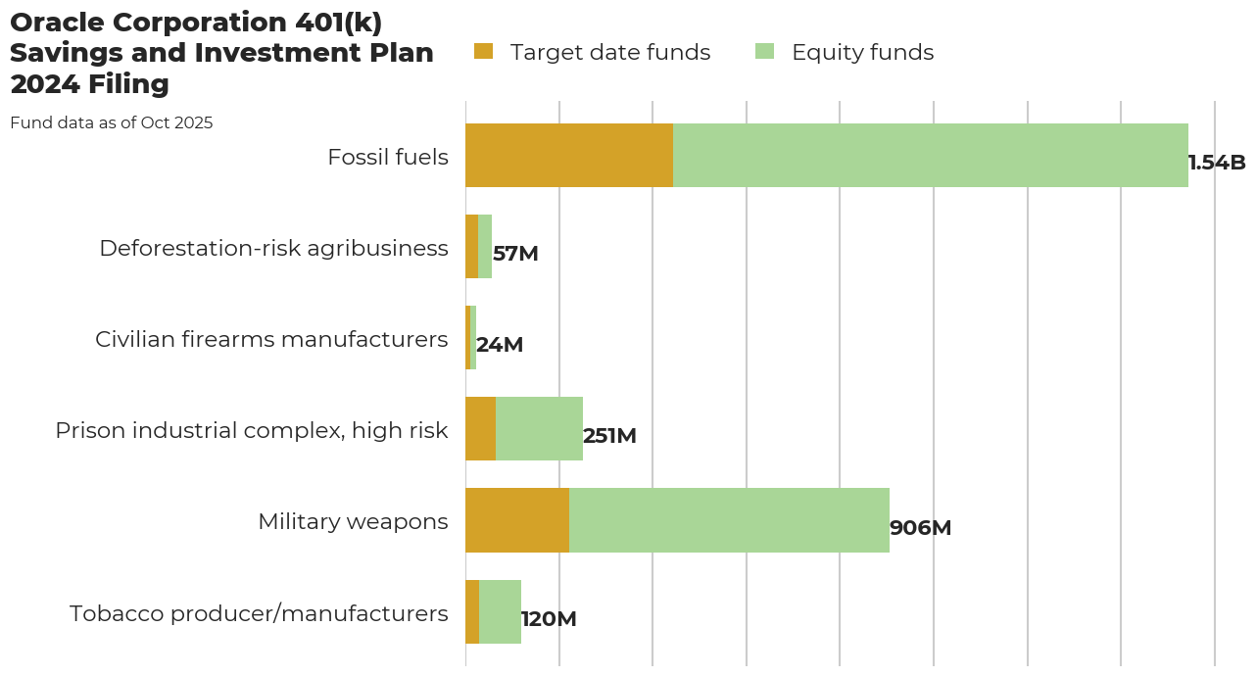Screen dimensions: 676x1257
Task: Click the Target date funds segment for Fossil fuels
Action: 569,155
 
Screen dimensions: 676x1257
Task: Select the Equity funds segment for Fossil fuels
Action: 931,155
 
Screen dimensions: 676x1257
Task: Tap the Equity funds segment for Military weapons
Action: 729,520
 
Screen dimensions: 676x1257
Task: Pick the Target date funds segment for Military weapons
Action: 517,520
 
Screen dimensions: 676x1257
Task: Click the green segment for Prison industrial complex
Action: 539,429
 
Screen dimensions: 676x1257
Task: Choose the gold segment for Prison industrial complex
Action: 480,429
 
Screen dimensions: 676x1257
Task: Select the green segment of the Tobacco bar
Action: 500,611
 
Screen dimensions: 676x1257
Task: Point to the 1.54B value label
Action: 1217,163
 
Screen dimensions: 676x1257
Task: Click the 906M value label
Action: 920,528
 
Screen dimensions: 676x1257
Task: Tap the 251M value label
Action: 609,436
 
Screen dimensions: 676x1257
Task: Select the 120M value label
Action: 549,619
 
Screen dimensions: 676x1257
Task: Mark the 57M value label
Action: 515,254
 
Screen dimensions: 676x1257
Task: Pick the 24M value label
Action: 500,345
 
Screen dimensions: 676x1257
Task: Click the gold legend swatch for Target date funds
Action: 483,52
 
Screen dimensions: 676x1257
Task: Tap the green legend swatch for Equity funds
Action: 764,52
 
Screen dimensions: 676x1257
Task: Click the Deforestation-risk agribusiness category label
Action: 273,248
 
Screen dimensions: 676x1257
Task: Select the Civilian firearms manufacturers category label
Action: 271,339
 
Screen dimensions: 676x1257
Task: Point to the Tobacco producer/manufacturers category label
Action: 259,613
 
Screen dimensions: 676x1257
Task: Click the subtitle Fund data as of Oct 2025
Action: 112,123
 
